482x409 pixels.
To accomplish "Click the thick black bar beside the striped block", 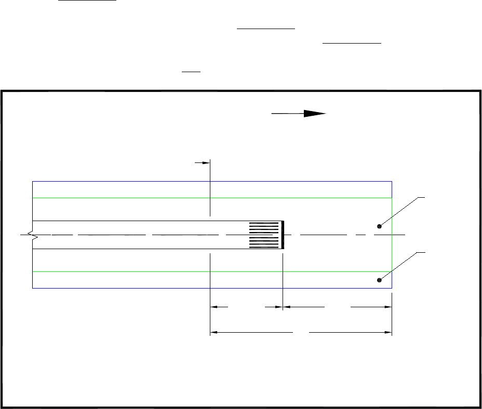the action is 283,235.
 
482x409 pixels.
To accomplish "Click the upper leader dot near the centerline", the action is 380,226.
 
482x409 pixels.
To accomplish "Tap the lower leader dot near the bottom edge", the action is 380,280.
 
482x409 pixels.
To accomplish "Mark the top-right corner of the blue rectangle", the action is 392,182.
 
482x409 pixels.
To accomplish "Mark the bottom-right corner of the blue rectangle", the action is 392,288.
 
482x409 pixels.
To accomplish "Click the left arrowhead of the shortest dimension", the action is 215,307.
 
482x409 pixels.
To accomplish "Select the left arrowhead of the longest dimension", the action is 215,331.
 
